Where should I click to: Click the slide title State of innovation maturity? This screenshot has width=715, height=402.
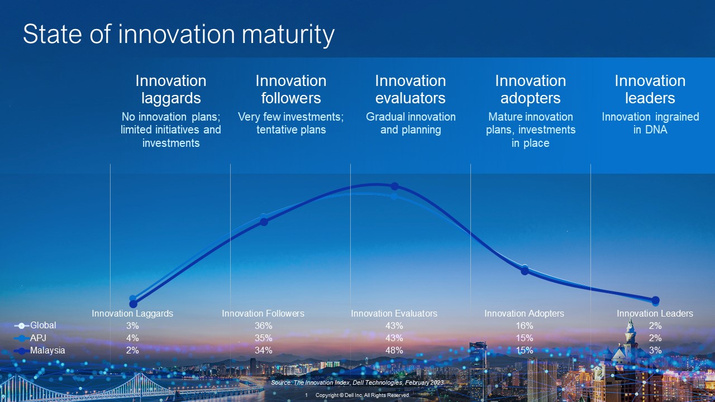click(x=179, y=35)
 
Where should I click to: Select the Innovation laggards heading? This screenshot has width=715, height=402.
click(x=171, y=89)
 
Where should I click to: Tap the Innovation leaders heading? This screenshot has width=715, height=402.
click(x=650, y=89)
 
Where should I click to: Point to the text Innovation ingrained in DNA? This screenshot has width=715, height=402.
click(x=650, y=123)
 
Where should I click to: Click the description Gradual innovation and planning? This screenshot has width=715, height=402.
click(x=411, y=123)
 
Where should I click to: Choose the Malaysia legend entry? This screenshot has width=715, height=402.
click(x=40, y=350)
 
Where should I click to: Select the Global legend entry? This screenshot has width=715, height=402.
click(x=35, y=326)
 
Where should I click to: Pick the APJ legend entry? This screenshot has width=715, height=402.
click(x=30, y=338)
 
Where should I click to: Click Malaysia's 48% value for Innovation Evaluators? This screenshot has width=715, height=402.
click(x=394, y=350)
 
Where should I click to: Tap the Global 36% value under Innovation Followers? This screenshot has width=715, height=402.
click(x=263, y=326)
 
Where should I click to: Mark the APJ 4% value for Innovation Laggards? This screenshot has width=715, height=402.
click(x=132, y=338)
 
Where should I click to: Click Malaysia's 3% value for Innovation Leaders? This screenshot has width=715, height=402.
click(x=655, y=350)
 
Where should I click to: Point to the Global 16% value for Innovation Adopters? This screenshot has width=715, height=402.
click(x=525, y=326)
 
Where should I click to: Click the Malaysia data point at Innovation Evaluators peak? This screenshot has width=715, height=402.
click(x=394, y=186)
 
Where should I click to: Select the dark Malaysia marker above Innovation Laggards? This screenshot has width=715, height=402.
click(x=133, y=304)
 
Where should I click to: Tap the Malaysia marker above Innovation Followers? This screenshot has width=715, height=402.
click(x=264, y=222)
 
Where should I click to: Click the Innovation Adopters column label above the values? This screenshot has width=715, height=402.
click(x=524, y=313)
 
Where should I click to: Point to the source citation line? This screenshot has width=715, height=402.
click(x=357, y=382)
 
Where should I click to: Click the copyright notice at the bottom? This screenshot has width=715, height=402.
click(x=363, y=395)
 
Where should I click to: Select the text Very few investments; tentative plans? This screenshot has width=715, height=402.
click(x=291, y=123)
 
